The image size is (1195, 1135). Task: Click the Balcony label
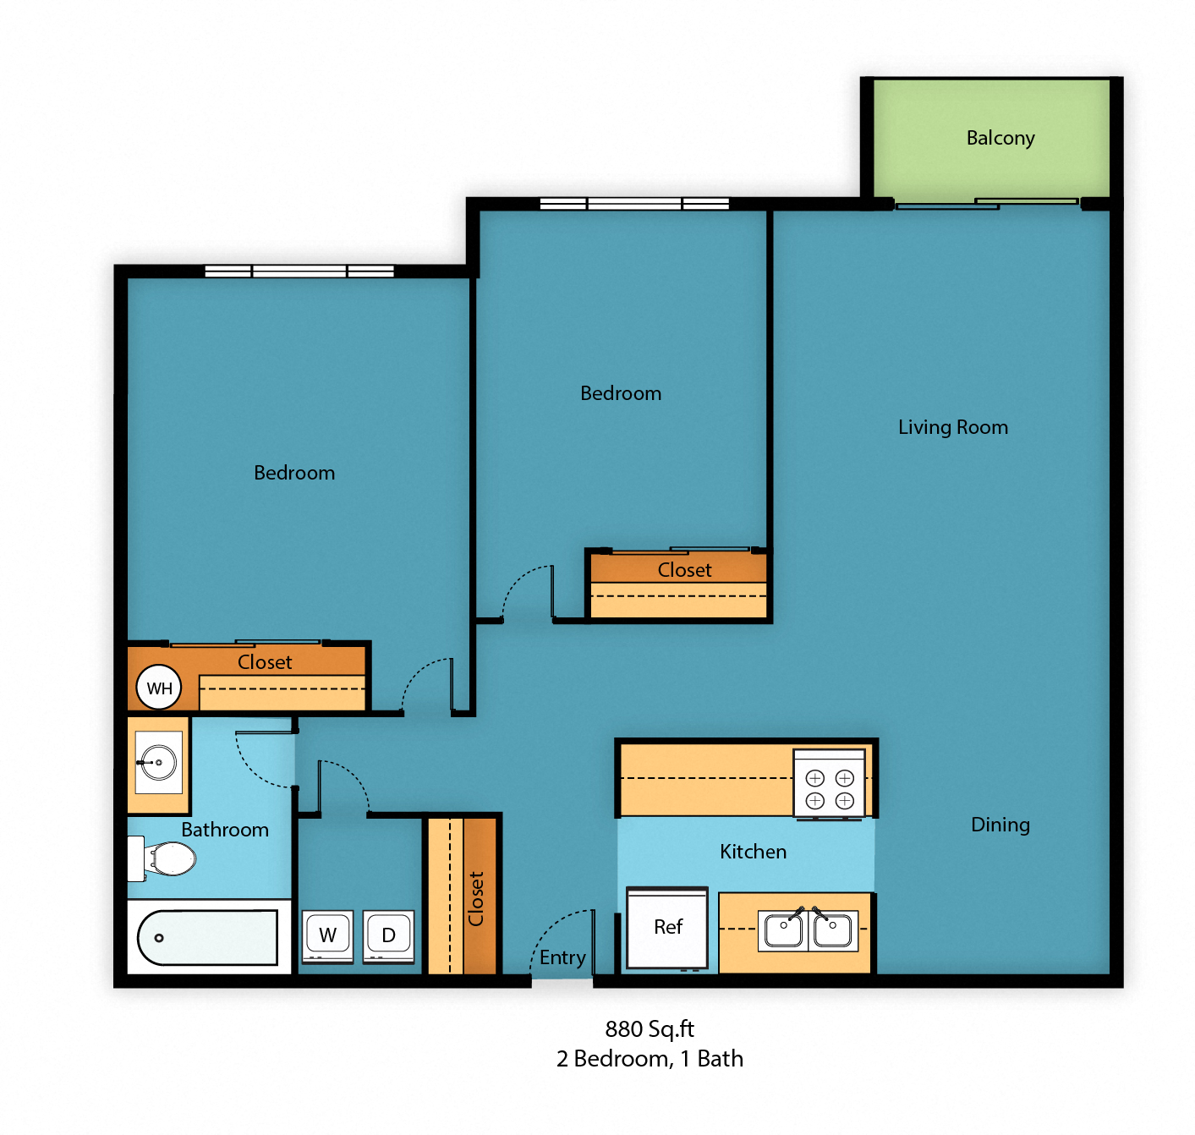pyautogui.click(x=1000, y=138)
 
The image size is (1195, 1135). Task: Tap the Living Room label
pyautogui.click(x=952, y=427)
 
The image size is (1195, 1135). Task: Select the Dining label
pyautogui.click(x=1000, y=825)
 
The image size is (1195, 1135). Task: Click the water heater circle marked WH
pyautogui.click(x=159, y=688)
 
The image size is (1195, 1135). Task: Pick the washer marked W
pyautogui.click(x=327, y=935)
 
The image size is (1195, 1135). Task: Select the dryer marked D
pyautogui.click(x=389, y=935)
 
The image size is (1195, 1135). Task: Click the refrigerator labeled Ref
pyautogui.click(x=667, y=928)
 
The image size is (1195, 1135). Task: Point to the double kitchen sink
pyautogui.click(x=808, y=930)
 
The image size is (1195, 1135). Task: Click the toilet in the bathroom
pyautogui.click(x=166, y=859)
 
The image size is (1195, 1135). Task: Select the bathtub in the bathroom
pyautogui.click(x=208, y=937)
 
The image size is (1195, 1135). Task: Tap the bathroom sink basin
pyautogui.click(x=158, y=762)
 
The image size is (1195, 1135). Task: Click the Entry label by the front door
pyautogui.click(x=562, y=957)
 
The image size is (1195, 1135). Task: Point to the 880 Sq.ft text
pyautogui.click(x=650, y=1029)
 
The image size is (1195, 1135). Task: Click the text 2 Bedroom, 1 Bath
pyautogui.click(x=650, y=1059)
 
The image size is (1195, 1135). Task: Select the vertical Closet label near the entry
pyautogui.click(x=476, y=898)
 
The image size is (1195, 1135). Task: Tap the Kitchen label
pyautogui.click(x=753, y=852)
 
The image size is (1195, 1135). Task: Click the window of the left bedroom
pyautogui.click(x=299, y=271)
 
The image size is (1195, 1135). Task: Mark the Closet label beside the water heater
pyautogui.click(x=265, y=662)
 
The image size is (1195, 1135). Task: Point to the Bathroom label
pyautogui.click(x=225, y=830)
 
